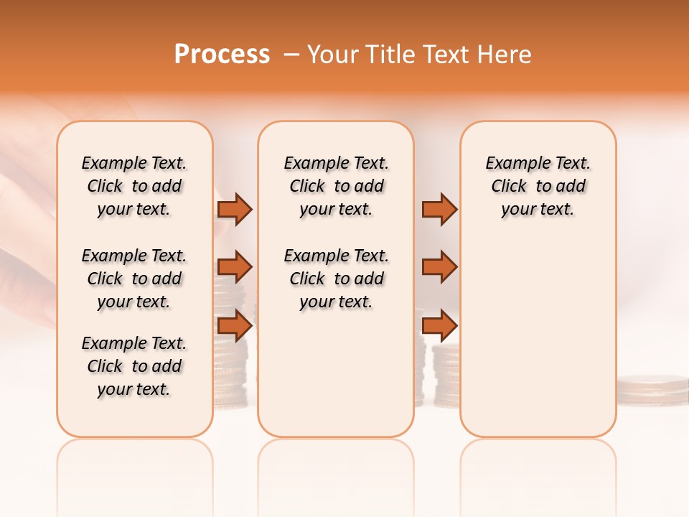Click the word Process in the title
coord(222,55)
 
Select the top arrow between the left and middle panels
coord(235,209)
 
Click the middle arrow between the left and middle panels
coord(235,267)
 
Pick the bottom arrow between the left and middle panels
coord(235,325)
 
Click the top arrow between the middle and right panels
coord(439,209)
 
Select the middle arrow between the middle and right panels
coord(439,267)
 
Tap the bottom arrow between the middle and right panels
coord(439,325)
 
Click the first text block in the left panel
coord(134,186)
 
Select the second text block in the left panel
coord(134,279)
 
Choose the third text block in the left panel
coord(134,366)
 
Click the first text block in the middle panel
coord(336,186)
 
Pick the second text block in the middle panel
coord(336,279)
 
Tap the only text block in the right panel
coord(538,186)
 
